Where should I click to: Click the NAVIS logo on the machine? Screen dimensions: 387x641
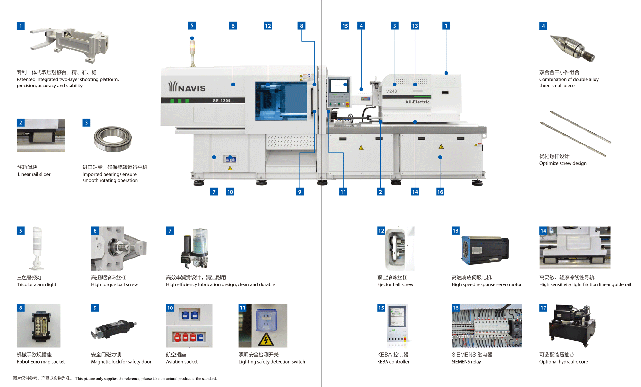tap(187, 87)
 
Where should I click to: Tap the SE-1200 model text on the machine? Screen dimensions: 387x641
tap(221, 101)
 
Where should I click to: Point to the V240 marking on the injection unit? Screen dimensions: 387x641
tap(391, 91)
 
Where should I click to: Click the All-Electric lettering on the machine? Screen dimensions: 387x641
tap(417, 102)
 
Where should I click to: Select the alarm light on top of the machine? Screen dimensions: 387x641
tap(192, 48)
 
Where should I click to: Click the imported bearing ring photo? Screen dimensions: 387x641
tap(112, 139)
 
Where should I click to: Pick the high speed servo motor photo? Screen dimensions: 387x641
tap(485, 250)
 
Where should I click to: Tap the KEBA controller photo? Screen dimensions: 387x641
tap(397, 324)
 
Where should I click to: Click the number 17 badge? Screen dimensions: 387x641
tap(543, 308)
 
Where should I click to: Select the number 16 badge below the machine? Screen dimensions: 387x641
tap(440, 192)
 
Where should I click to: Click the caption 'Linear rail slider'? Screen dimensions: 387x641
tap(34, 174)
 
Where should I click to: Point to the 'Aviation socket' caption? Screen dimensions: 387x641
tap(182, 362)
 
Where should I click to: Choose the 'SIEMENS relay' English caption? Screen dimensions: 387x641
tap(466, 362)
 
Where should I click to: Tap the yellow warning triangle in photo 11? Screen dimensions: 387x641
tap(266, 339)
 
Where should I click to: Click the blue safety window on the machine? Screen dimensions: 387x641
tap(281, 101)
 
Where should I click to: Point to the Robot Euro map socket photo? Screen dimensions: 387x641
tap(38, 326)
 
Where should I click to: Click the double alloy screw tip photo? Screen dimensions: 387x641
tap(572, 48)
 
